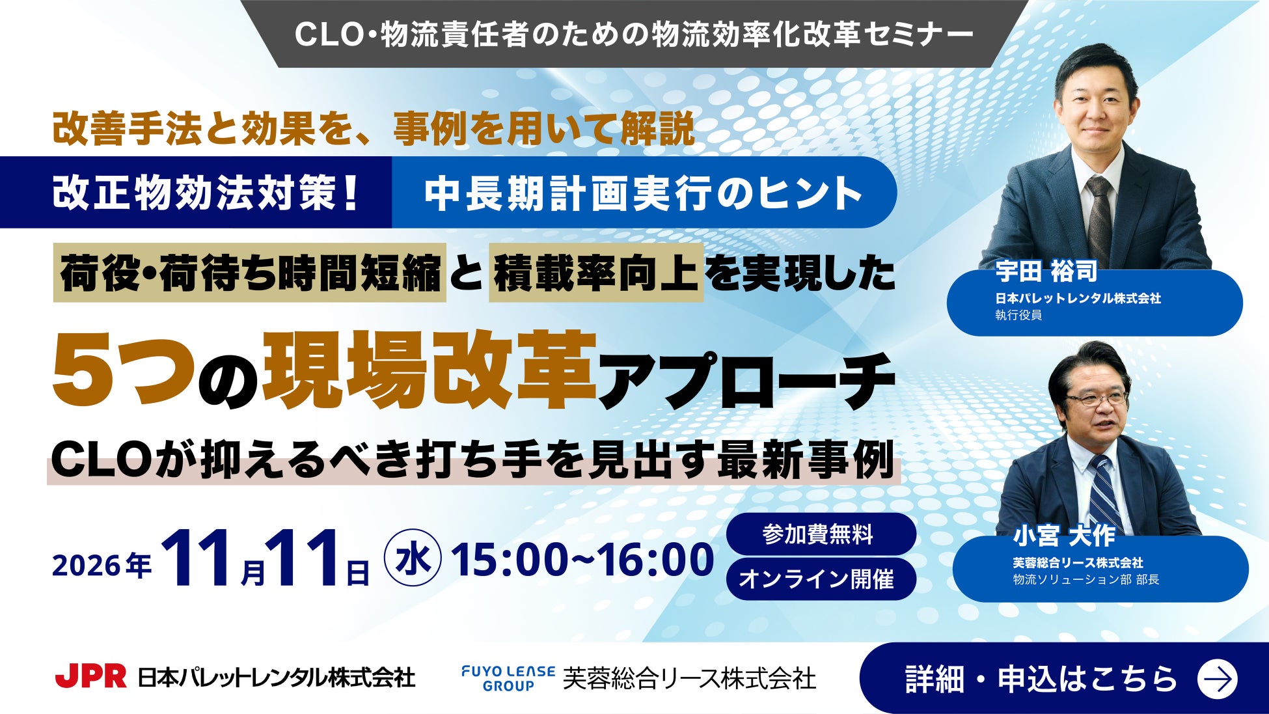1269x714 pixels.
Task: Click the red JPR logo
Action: tap(90, 677)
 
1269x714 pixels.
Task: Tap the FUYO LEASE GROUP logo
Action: tap(508, 678)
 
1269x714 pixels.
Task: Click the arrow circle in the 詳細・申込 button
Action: tap(1217, 679)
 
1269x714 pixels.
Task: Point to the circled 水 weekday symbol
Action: tap(413, 559)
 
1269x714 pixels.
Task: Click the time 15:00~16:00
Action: tap(583, 560)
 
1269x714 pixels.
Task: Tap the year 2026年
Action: tap(102, 565)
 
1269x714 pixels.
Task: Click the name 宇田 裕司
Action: tap(1046, 271)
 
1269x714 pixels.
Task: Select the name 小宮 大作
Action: tap(1064, 536)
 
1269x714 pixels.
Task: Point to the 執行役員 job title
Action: tap(1018, 315)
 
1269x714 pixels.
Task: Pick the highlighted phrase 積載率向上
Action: tap(596, 273)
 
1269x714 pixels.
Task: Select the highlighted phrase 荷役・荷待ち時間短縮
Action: tap(250, 273)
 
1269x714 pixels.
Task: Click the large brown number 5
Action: tap(78, 371)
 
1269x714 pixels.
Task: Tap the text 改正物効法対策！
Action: tap(206, 193)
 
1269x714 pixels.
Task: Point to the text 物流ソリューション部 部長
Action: tap(1086, 579)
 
